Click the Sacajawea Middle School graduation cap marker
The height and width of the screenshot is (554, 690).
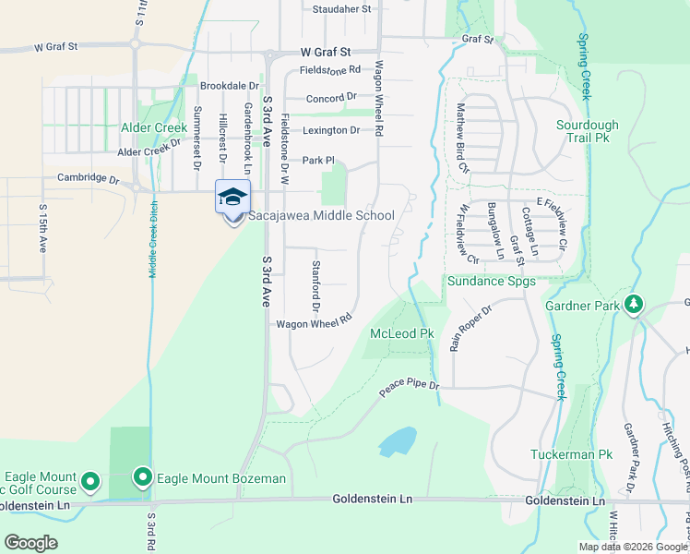(x=232, y=198)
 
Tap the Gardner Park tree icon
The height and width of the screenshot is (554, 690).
(x=634, y=304)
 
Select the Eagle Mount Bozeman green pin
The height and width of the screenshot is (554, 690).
(x=143, y=477)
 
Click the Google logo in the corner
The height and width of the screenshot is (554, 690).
(x=30, y=543)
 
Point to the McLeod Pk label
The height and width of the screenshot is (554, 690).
(x=401, y=333)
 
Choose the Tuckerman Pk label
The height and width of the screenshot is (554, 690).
(x=572, y=454)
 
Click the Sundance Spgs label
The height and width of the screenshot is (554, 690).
(x=491, y=281)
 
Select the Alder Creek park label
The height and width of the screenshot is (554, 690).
(x=153, y=127)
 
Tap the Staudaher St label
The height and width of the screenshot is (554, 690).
(x=340, y=9)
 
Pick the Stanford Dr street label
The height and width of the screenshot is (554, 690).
(x=315, y=285)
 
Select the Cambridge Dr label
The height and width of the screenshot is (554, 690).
(x=89, y=178)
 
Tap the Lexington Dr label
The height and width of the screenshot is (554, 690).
(x=328, y=131)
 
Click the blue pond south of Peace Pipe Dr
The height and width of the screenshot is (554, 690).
(x=398, y=441)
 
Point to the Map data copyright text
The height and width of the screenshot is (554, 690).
(x=633, y=547)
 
